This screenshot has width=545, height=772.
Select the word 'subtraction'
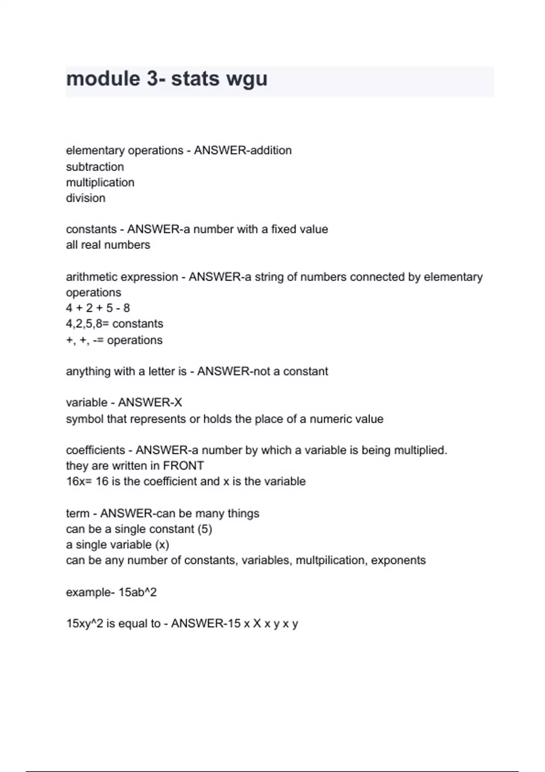[x=95, y=167]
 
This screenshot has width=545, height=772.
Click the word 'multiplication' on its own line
[x=100, y=183]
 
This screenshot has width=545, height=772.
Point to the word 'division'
[x=85, y=198]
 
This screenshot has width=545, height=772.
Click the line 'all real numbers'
[x=108, y=245]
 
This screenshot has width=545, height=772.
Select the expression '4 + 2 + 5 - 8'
[x=98, y=308]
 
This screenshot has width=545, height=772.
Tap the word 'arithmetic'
[x=91, y=277]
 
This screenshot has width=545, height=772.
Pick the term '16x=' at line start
[x=79, y=481]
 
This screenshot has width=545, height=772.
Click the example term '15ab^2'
[x=137, y=592]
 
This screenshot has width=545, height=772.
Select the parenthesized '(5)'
[x=205, y=529]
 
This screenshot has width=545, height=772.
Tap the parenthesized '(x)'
[x=162, y=544]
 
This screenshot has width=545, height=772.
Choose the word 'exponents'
[x=398, y=560]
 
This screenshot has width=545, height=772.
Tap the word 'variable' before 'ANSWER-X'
[x=86, y=402]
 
